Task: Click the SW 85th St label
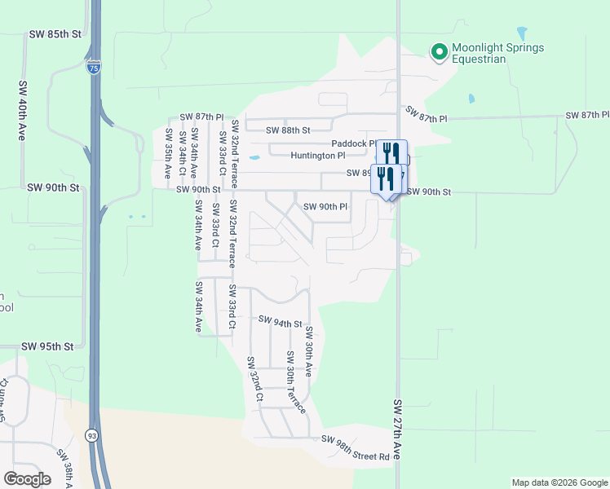point(55,35)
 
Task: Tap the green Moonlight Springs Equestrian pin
point(439,53)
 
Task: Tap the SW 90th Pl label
point(326,207)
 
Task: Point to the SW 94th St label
point(280,323)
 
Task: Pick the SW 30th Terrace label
point(295,381)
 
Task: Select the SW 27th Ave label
point(398,430)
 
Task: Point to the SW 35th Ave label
point(168,153)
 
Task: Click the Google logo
point(27,479)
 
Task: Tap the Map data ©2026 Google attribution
point(559,482)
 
